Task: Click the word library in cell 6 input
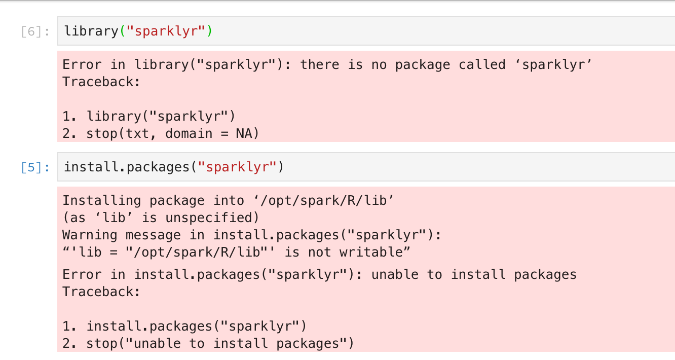coord(91,31)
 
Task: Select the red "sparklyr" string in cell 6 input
coord(165,31)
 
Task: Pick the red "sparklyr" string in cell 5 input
coord(236,167)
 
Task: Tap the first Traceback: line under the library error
coord(101,82)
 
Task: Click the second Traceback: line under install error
coord(101,292)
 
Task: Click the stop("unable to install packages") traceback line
coord(219,343)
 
